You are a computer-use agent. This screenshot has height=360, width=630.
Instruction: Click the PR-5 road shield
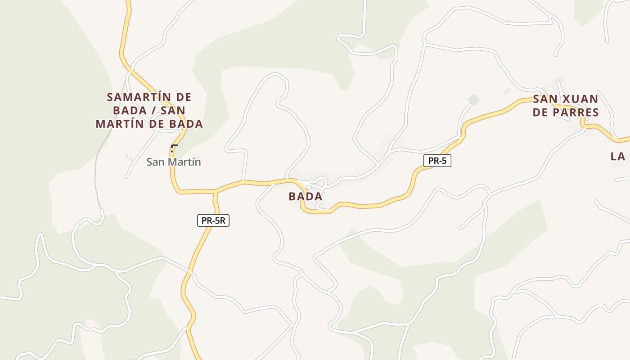coord(437,161)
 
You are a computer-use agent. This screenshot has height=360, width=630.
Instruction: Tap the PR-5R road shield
coord(213,220)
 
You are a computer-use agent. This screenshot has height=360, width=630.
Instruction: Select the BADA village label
coord(306,197)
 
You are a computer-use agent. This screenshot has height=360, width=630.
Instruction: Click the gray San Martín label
coord(174,162)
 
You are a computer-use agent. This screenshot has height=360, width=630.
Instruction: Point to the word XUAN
coord(582,99)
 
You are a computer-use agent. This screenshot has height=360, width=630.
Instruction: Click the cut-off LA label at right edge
coord(618,157)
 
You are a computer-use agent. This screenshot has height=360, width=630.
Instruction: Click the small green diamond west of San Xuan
coord(473,99)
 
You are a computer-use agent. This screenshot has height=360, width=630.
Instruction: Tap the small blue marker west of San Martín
coord(126,156)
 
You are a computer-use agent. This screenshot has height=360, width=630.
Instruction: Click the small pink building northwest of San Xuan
coord(507,91)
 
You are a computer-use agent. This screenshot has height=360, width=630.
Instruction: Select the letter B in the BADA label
coord(292,197)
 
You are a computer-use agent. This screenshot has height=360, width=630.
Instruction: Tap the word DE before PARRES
coord(542,112)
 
